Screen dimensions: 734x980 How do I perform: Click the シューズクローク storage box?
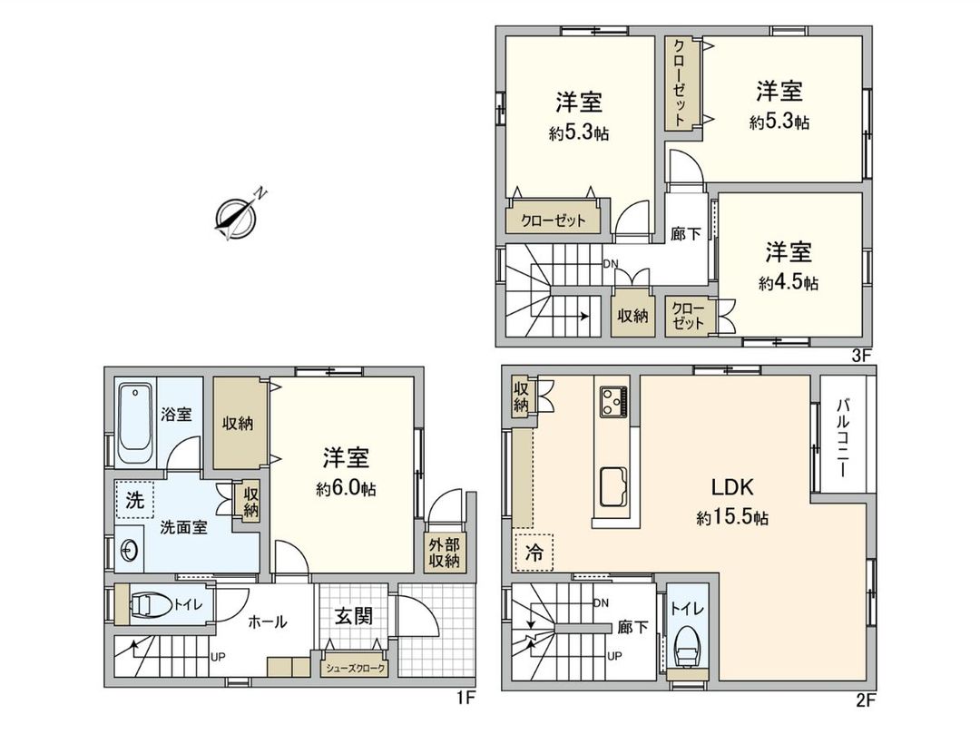coord(355,669)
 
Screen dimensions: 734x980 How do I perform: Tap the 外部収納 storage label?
coord(445,553)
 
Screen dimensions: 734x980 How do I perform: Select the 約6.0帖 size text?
coord(346,489)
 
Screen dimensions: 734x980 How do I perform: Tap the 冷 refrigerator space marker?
coord(535,553)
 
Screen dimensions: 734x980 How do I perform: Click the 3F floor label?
coord(861,356)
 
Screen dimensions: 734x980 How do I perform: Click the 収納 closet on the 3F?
coord(632,316)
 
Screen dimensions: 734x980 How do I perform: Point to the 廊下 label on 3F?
coord(685,233)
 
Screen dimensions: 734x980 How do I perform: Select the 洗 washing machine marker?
coord(134,499)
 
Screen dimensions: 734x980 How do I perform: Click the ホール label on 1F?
coord(268,621)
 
